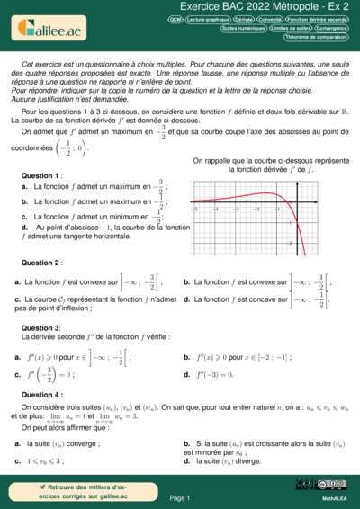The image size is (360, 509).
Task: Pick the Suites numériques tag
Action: tap(241, 28)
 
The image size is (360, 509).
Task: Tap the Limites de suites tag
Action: tap(288, 28)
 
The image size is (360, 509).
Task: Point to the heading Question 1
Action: tap(41, 174)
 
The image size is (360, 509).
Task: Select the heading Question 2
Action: tap(41, 263)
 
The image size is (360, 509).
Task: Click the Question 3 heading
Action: tap(41, 328)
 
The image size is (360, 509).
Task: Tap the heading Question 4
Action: tap(41, 395)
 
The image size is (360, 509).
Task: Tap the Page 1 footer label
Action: tap(180, 497)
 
